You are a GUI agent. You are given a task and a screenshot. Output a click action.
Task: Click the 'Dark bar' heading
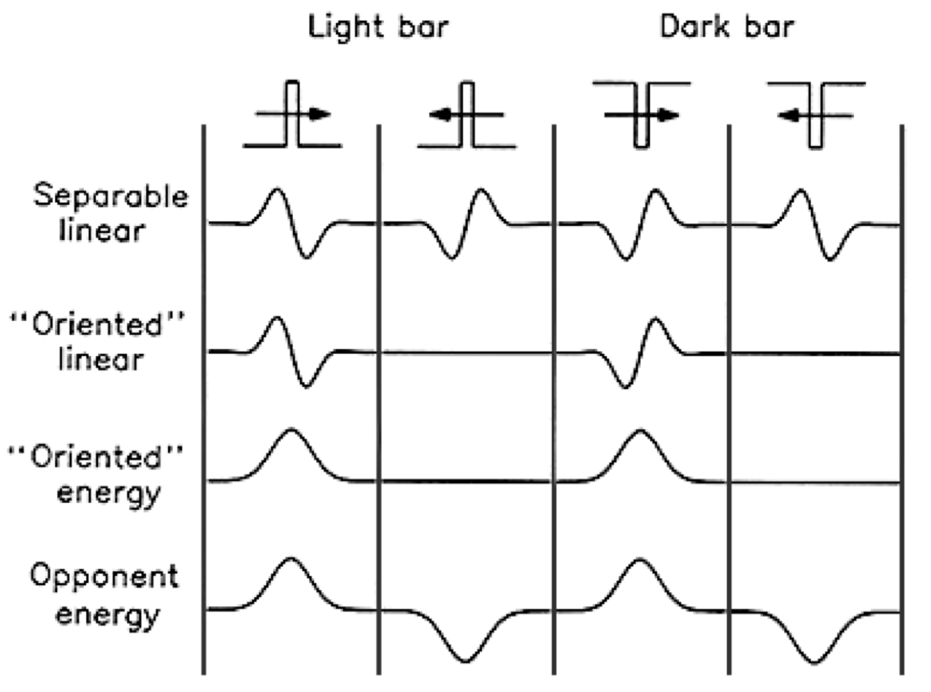click(727, 27)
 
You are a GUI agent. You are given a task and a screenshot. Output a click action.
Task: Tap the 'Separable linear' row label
click(110, 211)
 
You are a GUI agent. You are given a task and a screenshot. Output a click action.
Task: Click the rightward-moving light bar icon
click(293, 115)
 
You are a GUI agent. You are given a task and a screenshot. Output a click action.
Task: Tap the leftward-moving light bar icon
click(467, 115)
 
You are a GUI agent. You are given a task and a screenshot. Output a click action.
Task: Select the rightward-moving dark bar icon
click(641, 115)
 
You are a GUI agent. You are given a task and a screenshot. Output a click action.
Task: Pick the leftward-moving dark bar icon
click(816, 115)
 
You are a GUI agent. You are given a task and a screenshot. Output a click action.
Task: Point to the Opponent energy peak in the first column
click(291, 559)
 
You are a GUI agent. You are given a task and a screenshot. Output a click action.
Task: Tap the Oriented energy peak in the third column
click(640, 431)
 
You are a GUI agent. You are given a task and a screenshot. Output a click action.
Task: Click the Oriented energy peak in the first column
click(291, 431)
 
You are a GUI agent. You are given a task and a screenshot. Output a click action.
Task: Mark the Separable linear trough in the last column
click(831, 257)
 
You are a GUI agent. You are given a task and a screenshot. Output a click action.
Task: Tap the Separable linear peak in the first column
click(276, 190)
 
